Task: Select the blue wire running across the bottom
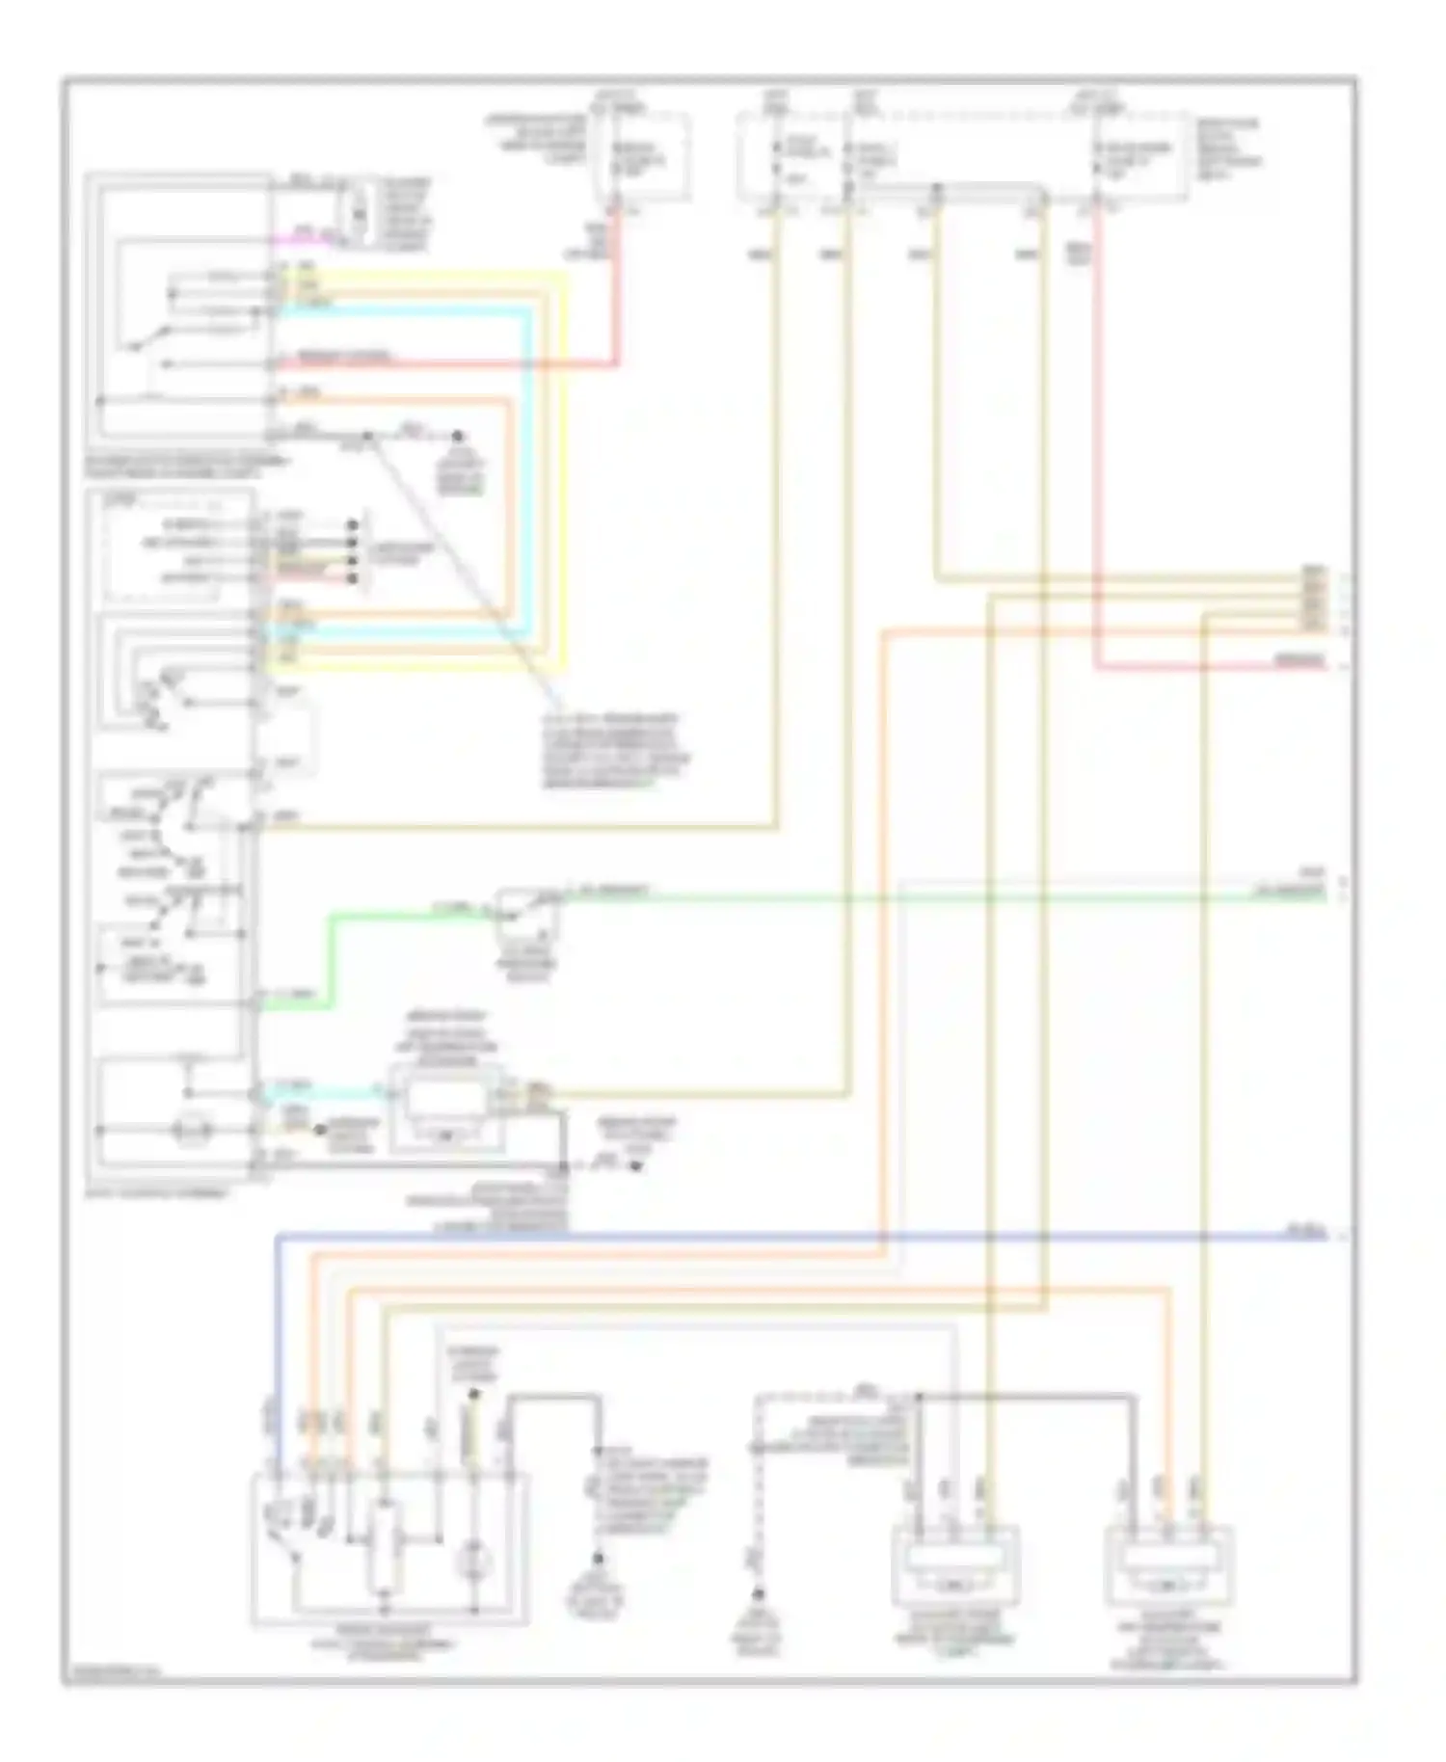pos(771,1235)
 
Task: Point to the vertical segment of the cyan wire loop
pos(528,472)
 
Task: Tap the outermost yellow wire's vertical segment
pos(565,472)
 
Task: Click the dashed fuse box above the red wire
pos(642,156)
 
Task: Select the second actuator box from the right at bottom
pos(956,1563)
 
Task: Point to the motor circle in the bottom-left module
pos(473,1558)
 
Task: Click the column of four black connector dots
pos(354,551)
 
